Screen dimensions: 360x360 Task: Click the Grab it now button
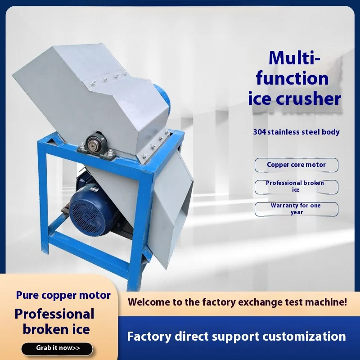point(57,348)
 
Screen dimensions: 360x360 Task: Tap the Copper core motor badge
point(296,165)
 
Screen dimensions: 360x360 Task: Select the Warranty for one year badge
point(296,209)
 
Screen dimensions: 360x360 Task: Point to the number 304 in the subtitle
point(260,132)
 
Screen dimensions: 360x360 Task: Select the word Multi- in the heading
point(294,58)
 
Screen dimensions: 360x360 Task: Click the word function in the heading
point(292,78)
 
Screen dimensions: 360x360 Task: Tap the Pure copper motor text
point(63,295)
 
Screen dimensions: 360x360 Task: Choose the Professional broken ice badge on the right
point(296,187)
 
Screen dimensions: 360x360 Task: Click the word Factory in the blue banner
point(149,337)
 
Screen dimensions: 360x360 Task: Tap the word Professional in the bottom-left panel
point(54,314)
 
